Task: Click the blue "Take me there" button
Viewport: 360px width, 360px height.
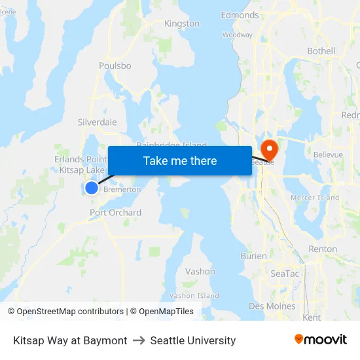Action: coord(180,160)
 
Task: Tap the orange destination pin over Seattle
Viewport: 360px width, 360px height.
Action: coord(268,148)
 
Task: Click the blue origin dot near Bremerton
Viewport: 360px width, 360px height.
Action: coord(92,188)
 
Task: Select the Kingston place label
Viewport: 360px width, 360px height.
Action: coord(182,24)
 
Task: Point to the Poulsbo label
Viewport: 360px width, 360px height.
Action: coord(115,66)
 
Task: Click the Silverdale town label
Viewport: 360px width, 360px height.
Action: coord(98,122)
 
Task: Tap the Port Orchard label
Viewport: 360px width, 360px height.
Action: coord(116,213)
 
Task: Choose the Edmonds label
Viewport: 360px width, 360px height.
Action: coord(240,15)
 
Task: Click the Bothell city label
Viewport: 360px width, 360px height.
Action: coord(321,51)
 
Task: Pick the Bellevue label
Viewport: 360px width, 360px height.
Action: coord(328,154)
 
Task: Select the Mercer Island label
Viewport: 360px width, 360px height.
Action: coord(315,198)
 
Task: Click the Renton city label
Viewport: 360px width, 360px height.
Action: coord(323,249)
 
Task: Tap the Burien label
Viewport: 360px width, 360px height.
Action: coord(253,256)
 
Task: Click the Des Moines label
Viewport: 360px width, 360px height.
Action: coord(272,306)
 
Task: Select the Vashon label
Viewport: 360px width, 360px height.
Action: coord(200,272)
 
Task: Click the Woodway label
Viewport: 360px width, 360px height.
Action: coord(237,35)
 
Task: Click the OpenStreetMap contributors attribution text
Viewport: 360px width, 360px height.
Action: coord(70,312)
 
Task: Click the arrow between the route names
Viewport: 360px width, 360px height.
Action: coord(139,340)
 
